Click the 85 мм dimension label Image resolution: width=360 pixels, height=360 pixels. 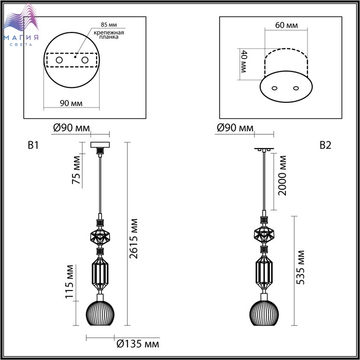109,25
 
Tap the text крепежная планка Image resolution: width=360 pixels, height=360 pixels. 109,34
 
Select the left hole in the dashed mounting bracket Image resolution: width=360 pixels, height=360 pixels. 59,60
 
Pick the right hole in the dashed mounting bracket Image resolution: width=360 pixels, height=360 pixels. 85,60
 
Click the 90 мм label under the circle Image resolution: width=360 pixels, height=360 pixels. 71,103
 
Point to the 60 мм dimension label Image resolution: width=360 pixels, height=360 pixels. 286,25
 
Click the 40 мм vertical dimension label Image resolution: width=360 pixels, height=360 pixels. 243,61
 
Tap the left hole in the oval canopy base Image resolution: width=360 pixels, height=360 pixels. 274,88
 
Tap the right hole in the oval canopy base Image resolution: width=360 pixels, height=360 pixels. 296,88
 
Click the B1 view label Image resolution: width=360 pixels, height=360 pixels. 33,146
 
